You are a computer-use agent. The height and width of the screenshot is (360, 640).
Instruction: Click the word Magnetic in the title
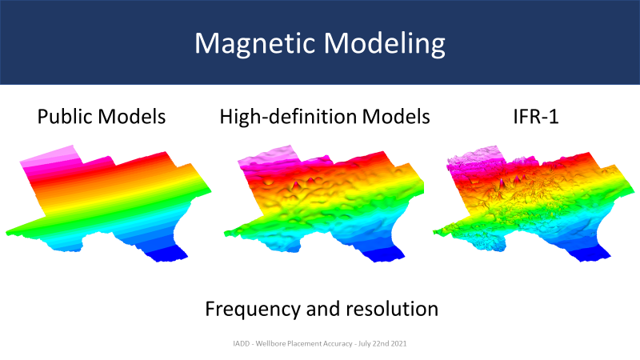coord(255,44)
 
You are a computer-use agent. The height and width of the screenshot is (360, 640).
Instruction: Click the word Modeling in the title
coord(385,44)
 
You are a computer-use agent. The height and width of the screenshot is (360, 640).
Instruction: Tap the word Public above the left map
coord(64,117)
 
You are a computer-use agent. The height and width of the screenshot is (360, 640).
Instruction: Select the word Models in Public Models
coord(132,116)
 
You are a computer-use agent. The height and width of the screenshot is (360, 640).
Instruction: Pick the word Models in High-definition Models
coord(396,116)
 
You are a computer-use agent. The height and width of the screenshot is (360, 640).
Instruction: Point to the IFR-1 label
coord(535,116)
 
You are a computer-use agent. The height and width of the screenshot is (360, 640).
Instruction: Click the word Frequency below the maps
coord(253,310)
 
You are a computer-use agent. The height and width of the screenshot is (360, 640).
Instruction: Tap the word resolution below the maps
coord(392,309)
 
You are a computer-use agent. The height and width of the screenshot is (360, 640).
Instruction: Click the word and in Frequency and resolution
coord(323,309)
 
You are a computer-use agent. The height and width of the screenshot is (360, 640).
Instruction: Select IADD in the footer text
coord(242,344)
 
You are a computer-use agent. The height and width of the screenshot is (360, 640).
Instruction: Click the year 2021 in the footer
coord(398,344)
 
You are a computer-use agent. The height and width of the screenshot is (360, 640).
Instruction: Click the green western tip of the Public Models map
coord(16,231)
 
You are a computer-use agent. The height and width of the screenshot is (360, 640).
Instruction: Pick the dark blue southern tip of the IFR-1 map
coord(593,255)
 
